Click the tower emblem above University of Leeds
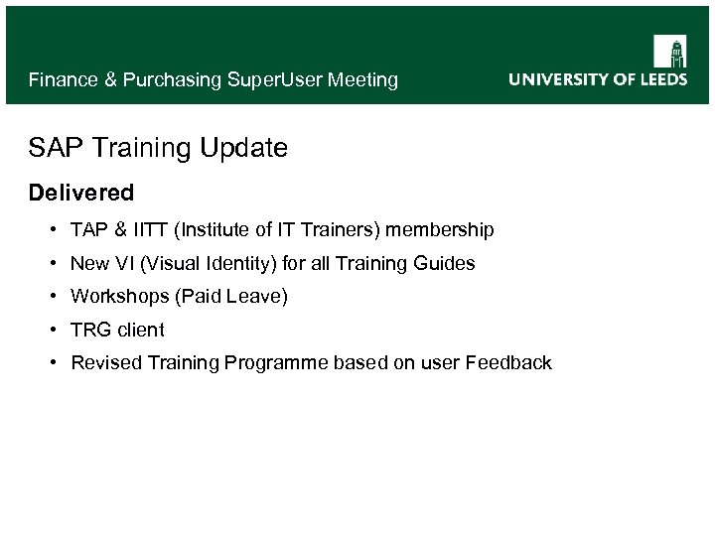tap(669, 51)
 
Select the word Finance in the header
tap(64, 79)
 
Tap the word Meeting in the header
tap(361, 79)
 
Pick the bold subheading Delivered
tap(80, 191)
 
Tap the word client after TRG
tap(141, 330)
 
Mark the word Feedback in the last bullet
tap(508, 363)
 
